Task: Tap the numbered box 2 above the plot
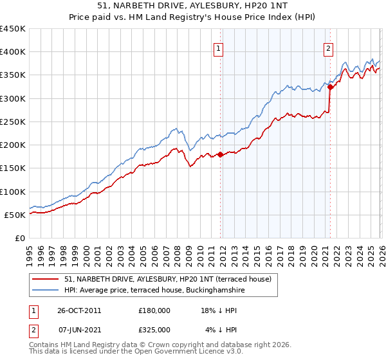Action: point(329,48)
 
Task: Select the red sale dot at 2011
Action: point(220,154)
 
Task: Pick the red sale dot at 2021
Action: point(330,87)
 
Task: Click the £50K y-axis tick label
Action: point(15,215)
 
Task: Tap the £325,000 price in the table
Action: point(154,329)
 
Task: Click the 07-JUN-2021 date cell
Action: point(78,329)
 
